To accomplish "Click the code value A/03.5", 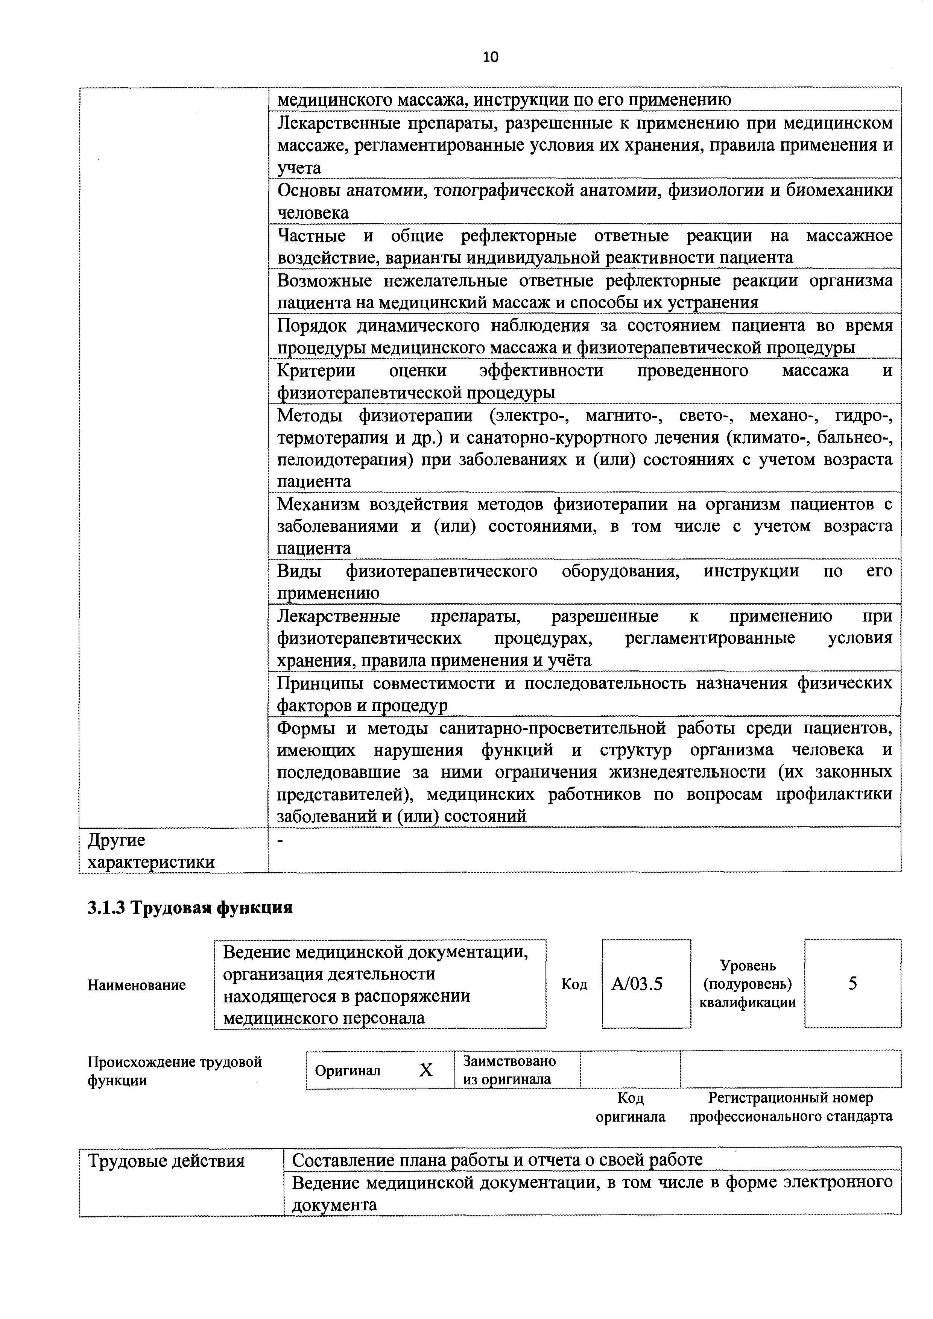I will tap(637, 984).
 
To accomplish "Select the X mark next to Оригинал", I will tap(425, 1070).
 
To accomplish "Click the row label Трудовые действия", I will tap(166, 1161).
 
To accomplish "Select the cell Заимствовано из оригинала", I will tap(509, 1070).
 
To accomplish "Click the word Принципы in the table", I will tap(320, 683).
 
